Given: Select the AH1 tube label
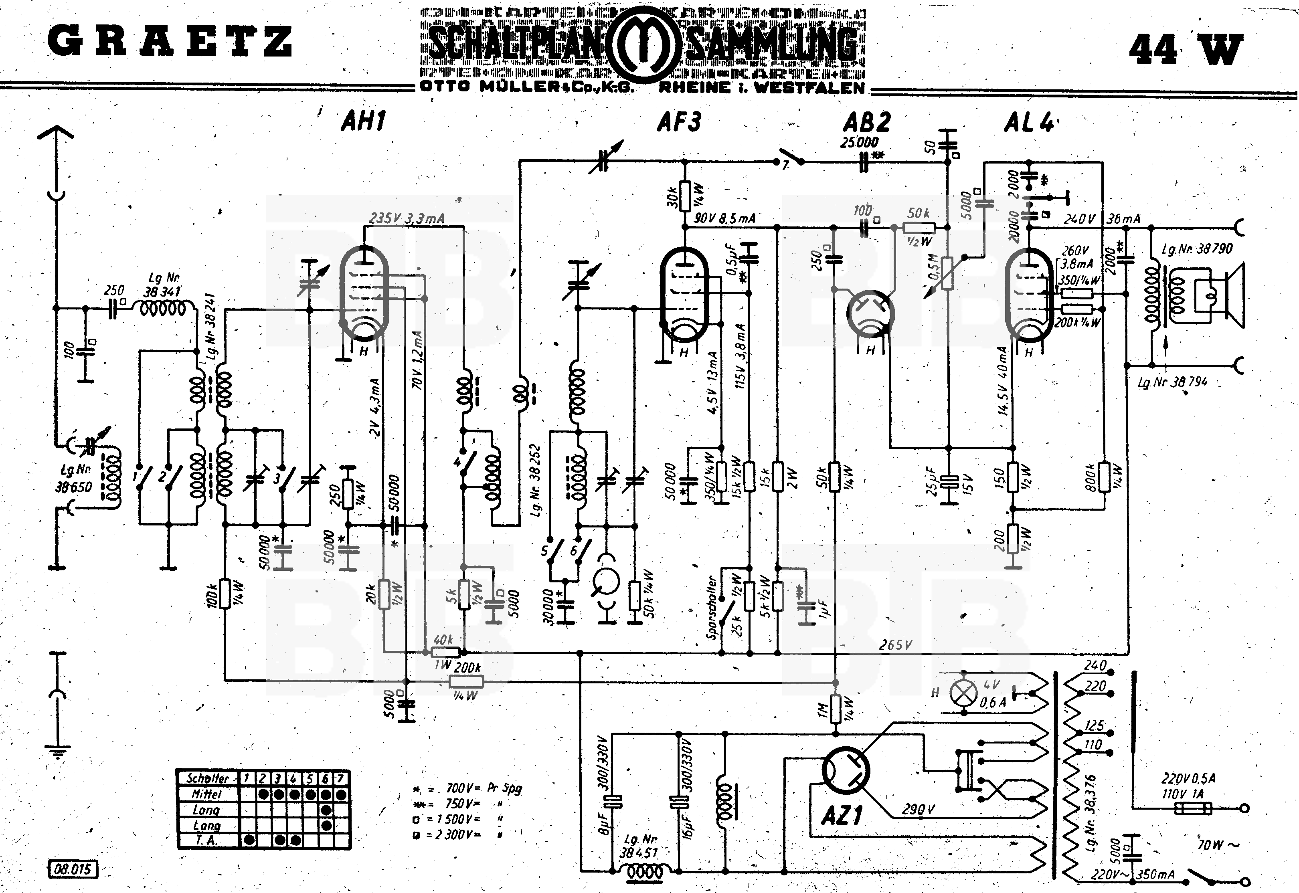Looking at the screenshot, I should pos(363,121).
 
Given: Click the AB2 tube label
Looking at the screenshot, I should pos(867,121).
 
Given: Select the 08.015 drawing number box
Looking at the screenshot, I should pos(73,869).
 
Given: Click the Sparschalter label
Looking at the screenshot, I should pos(711,607).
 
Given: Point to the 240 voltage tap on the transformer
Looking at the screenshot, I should pos(1095,666).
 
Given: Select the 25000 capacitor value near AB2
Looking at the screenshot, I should pos(859,142).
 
